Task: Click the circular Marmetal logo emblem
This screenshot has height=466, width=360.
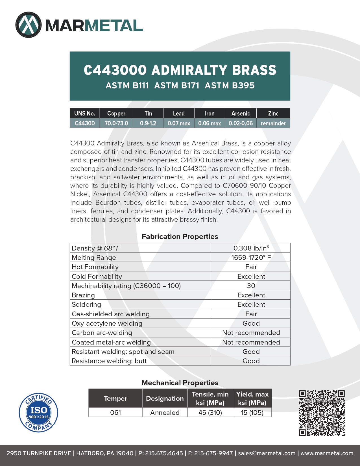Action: point(29,25)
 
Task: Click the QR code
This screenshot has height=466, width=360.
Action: point(322,413)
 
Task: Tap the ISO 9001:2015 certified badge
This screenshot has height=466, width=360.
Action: point(38,412)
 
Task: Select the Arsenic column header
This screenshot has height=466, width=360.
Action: point(241,113)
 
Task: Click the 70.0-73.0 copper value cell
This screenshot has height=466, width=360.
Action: point(116,123)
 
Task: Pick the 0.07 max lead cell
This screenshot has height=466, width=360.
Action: point(179,123)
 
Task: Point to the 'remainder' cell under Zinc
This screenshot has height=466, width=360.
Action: point(273,123)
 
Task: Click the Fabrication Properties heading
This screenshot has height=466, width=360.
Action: point(180,236)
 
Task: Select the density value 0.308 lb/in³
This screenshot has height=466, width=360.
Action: point(251,248)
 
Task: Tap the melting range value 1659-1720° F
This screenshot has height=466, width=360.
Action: point(251,257)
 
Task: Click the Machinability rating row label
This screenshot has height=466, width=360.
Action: point(126,286)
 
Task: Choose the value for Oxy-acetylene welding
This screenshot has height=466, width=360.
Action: point(251,323)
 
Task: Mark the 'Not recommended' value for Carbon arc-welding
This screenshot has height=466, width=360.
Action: point(251,332)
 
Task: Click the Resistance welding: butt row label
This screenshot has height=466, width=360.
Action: point(109,361)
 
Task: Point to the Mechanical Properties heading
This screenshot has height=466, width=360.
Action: point(180,383)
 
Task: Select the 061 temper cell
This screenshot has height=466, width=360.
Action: point(115,412)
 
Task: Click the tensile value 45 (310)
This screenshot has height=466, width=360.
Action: point(210,412)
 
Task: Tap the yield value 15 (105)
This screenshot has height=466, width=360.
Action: point(252,412)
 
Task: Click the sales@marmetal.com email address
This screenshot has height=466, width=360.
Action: point(267,453)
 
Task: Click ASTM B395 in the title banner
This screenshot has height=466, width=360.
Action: point(230,85)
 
